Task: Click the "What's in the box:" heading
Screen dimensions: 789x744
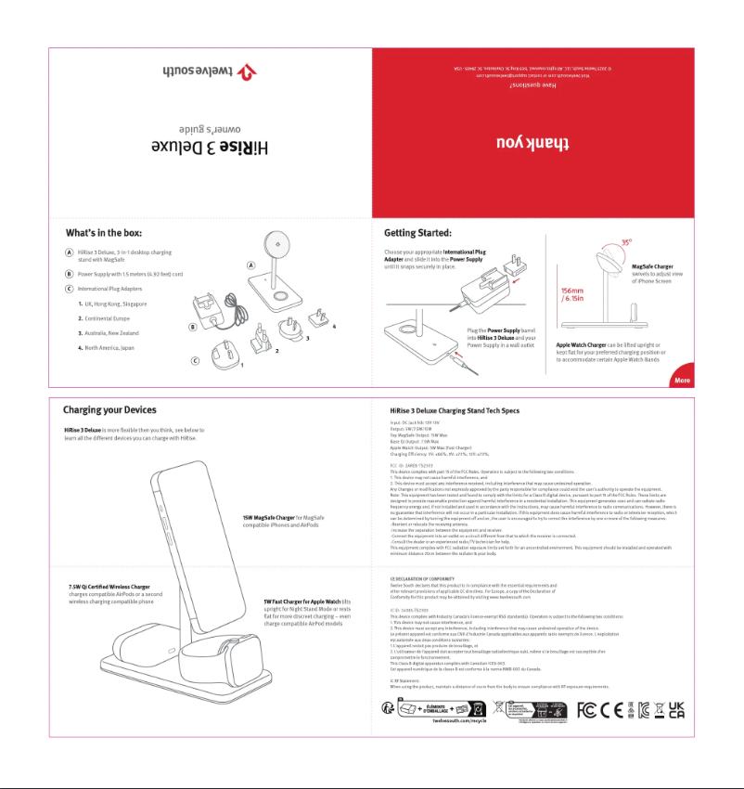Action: [103, 232]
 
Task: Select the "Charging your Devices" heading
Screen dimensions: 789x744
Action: [109, 409]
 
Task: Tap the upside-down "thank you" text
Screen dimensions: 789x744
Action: [531, 142]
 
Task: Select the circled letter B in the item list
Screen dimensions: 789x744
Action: [70, 274]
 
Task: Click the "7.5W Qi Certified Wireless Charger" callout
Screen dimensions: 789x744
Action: [109, 587]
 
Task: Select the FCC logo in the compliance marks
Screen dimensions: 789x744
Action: [585, 710]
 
